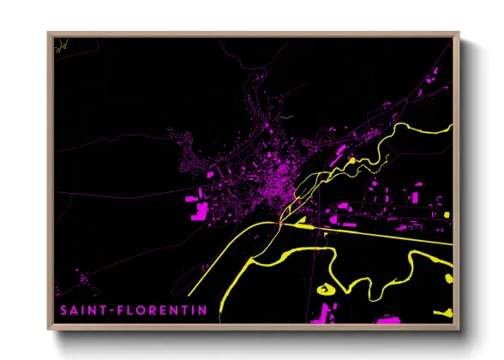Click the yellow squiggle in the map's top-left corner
tap(58, 48)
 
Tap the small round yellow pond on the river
tap(351, 160)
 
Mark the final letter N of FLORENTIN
tap(202, 310)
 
